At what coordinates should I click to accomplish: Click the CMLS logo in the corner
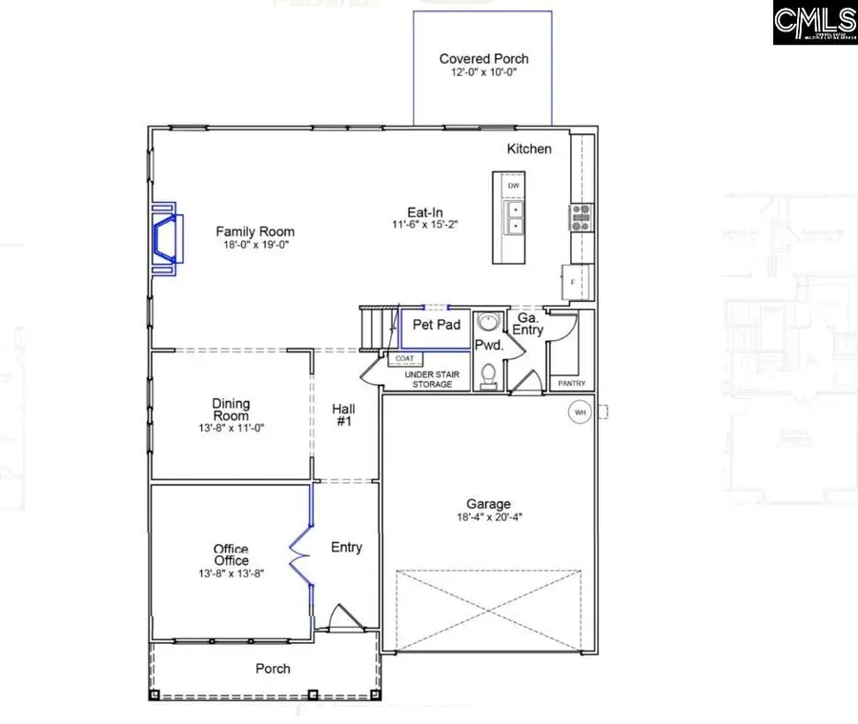click(x=814, y=23)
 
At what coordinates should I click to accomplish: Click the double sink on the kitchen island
click(x=514, y=217)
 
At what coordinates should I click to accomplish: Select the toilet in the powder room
click(x=488, y=375)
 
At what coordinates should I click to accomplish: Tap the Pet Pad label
click(x=437, y=325)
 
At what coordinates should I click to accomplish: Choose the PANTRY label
click(x=572, y=384)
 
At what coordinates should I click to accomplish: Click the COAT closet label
click(x=404, y=359)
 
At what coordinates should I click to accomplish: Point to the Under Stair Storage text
click(x=432, y=379)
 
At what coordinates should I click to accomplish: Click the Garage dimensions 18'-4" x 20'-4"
click(x=488, y=518)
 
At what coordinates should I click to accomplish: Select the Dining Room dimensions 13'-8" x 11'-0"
click(x=231, y=429)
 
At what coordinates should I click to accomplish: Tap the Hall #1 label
click(x=344, y=414)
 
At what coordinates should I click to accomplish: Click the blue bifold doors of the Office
click(x=303, y=548)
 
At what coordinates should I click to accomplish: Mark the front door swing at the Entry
click(x=340, y=620)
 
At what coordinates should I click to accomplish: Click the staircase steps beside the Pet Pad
click(x=377, y=328)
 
